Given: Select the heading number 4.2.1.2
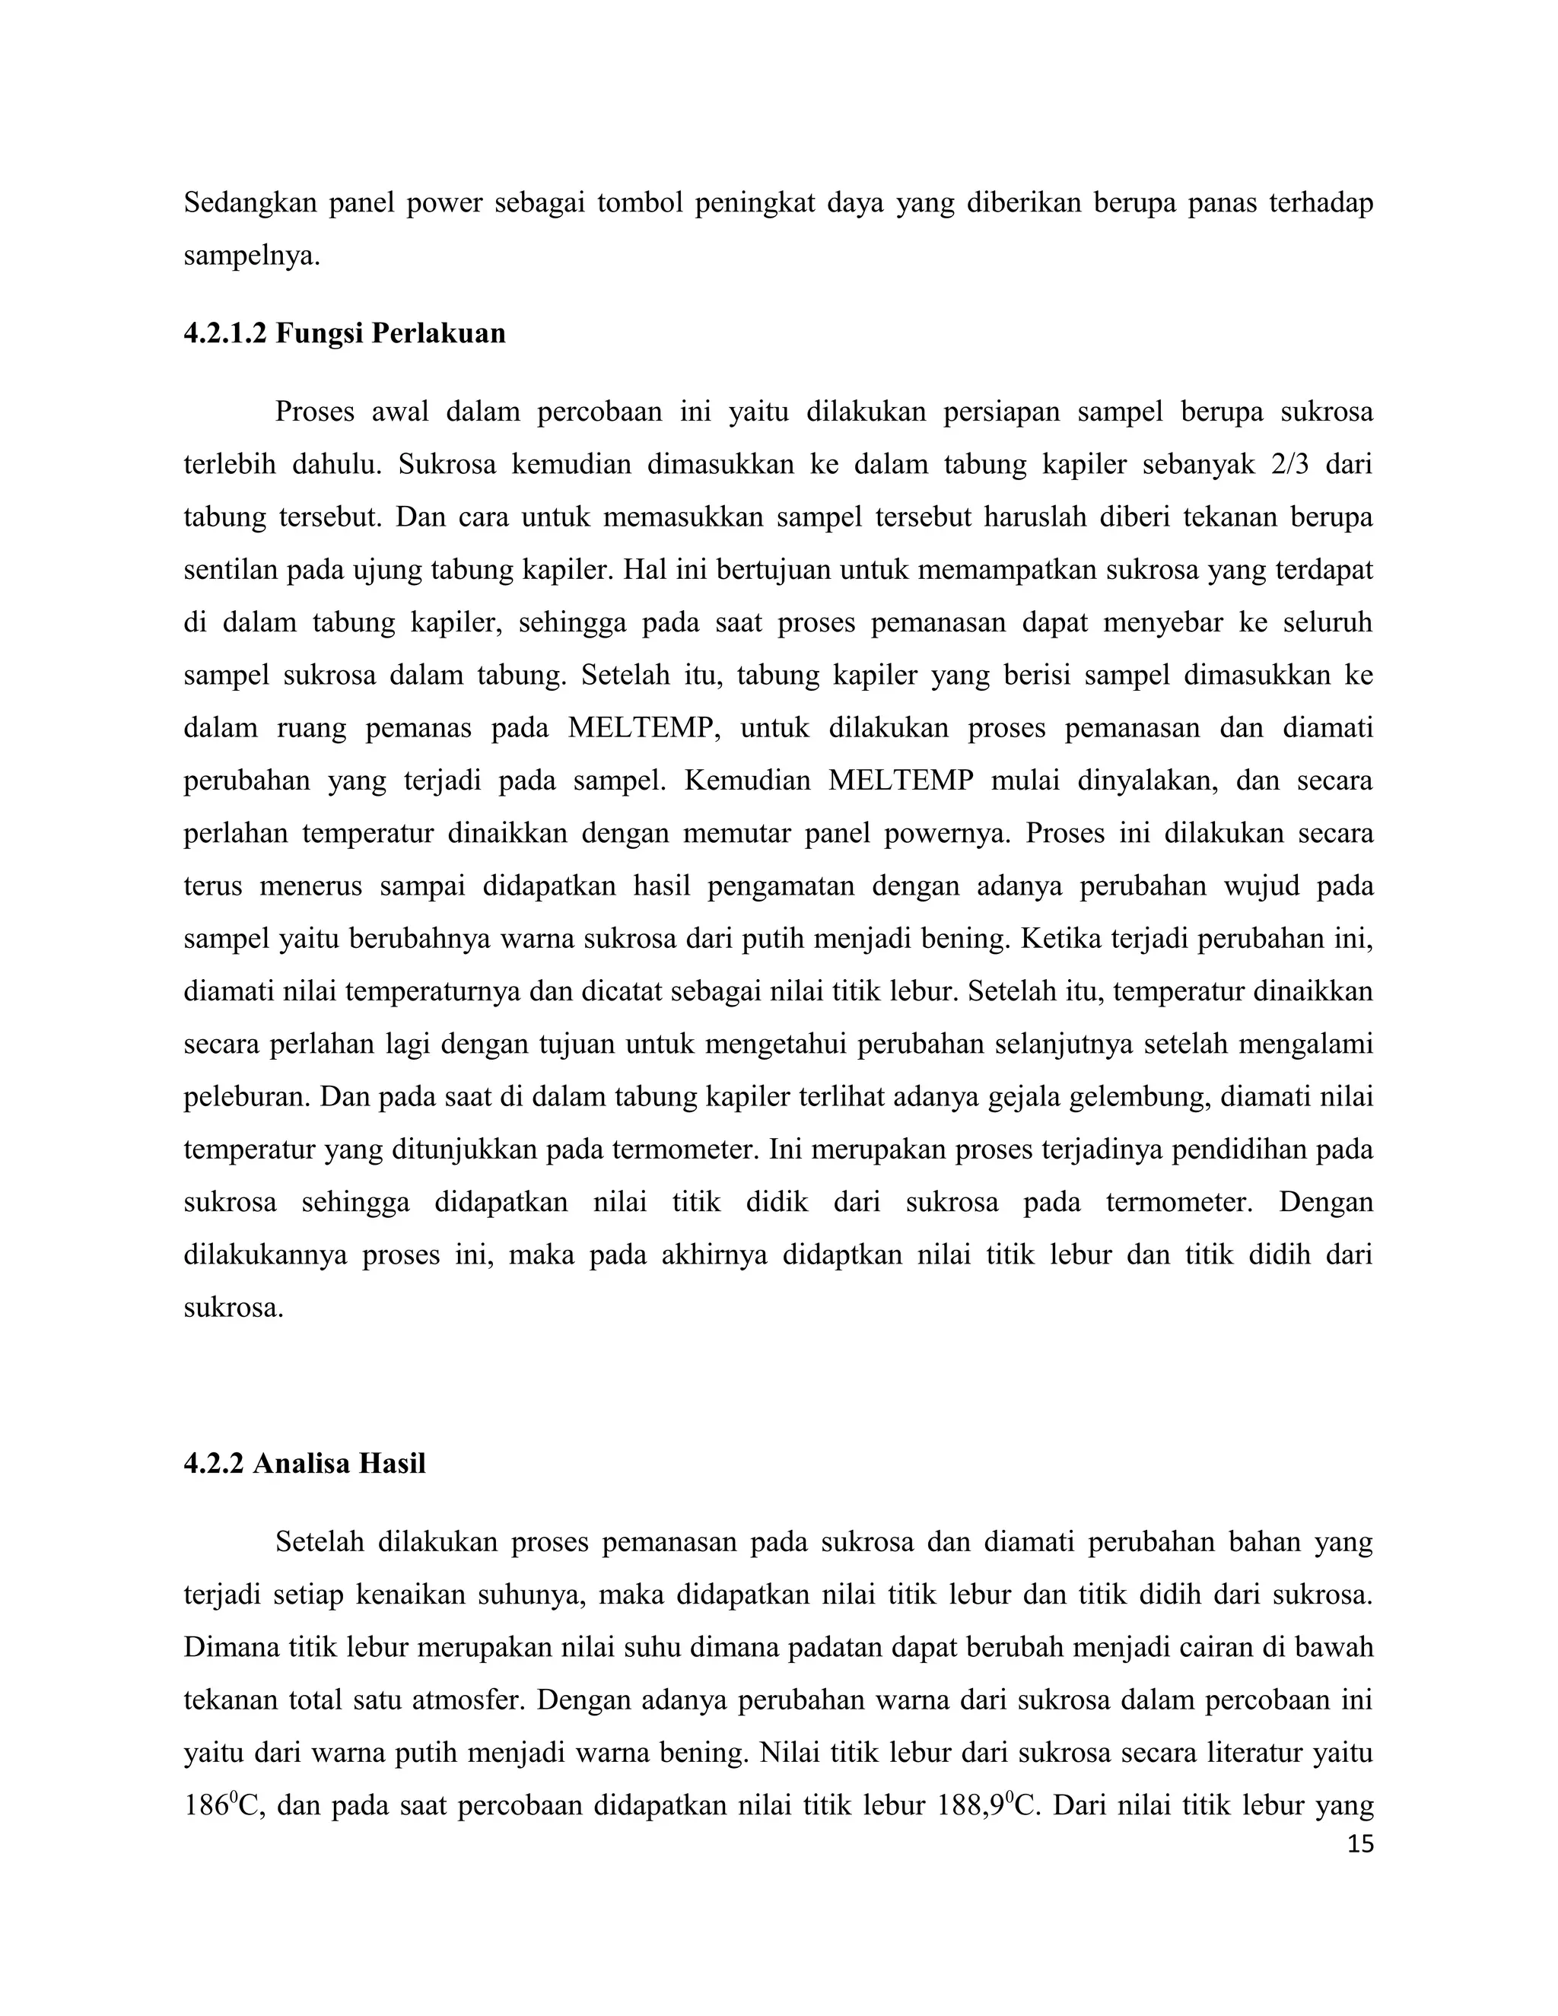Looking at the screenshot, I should [x=224, y=333].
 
